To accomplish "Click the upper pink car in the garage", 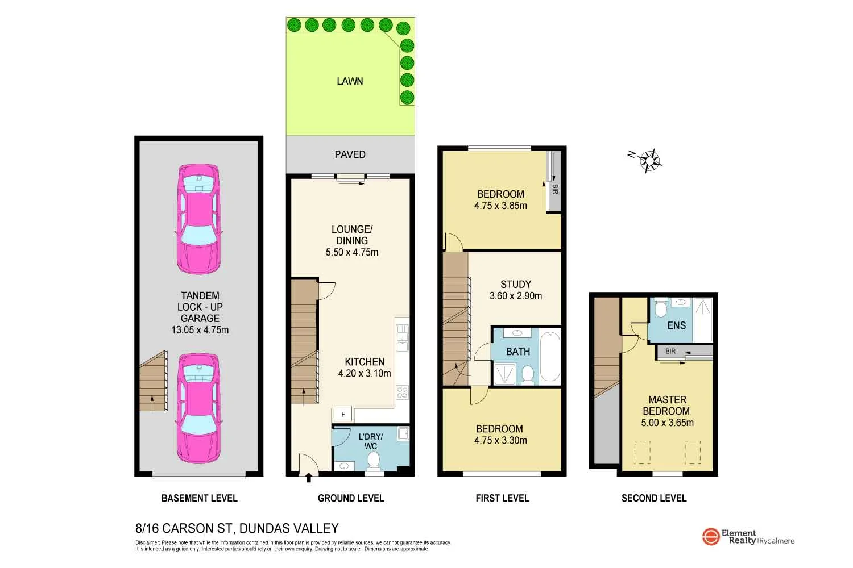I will click(198, 219).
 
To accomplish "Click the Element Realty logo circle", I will click(711, 537).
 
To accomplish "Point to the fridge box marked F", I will click(343, 415).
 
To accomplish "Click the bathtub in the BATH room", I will click(549, 357).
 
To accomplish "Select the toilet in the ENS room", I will click(661, 310).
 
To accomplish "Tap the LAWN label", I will click(350, 81).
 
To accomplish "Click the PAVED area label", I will click(350, 154).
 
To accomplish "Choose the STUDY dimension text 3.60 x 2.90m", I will click(516, 296).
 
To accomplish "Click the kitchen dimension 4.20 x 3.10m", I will click(365, 373).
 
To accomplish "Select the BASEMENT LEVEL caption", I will click(199, 498).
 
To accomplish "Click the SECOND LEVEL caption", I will click(654, 498).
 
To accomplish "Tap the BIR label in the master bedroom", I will click(670, 352).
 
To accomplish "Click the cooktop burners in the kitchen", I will click(402, 392).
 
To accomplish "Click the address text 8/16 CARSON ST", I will click(184, 528).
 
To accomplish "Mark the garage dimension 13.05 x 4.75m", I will click(200, 329).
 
